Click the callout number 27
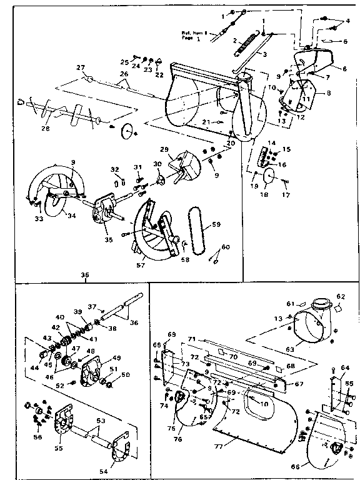(80, 67)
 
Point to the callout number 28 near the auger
(45, 129)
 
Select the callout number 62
(341, 296)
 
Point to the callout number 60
(226, 247)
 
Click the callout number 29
(164, 149)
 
